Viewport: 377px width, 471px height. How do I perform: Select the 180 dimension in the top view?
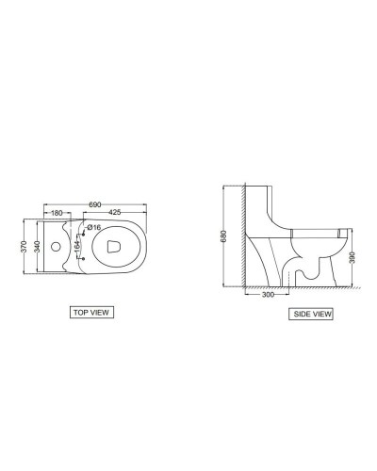(x=57, y=213)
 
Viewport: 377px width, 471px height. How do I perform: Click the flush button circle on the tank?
(x=54, y=246)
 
